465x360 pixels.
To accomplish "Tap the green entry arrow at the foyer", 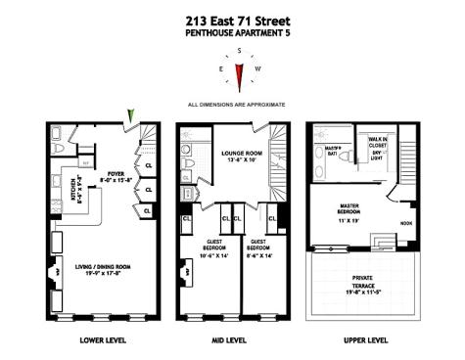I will click(x=130, y=117).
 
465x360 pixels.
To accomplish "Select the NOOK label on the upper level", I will click(x=405, y=222).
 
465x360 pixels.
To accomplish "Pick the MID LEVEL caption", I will click(x=232, y=339).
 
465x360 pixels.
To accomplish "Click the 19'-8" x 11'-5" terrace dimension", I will click(x=356, y=292).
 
